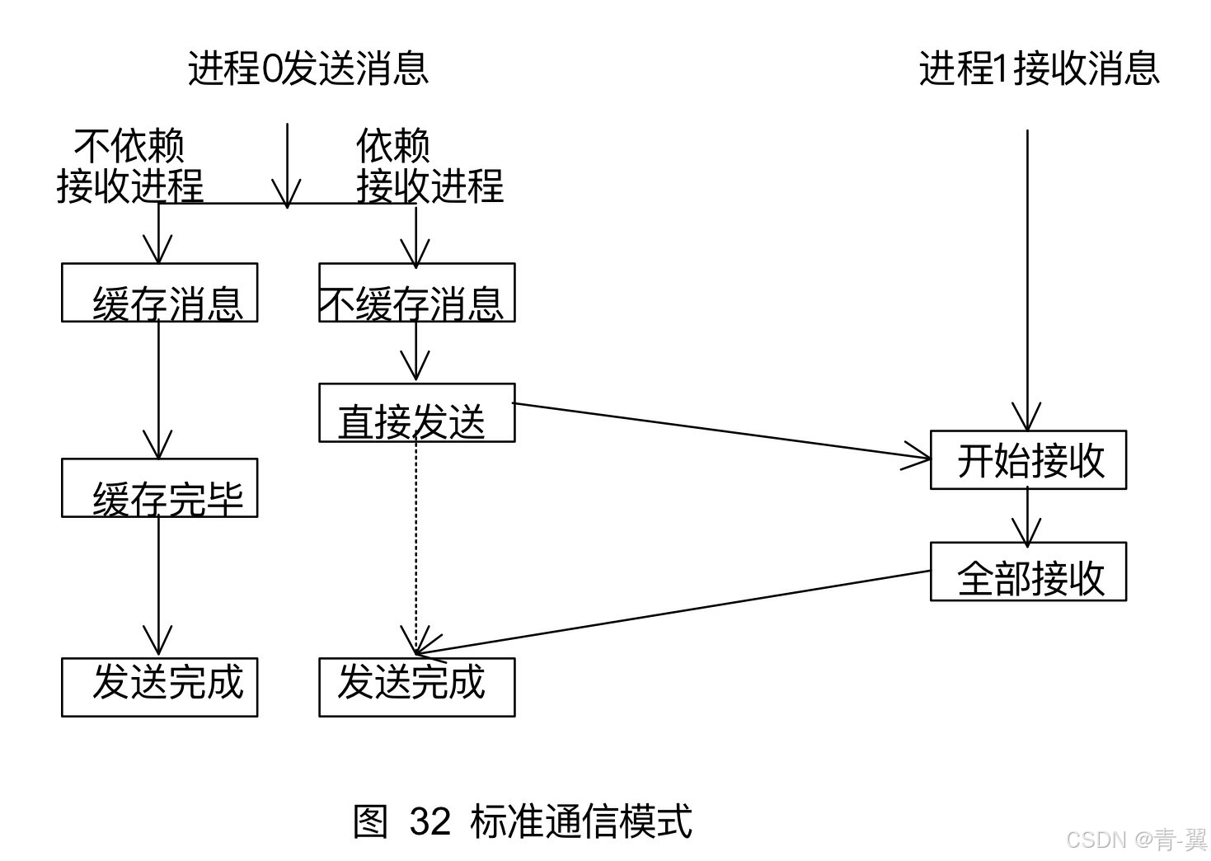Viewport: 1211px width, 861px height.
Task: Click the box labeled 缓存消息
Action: pyautogui.click(x=159, y=293)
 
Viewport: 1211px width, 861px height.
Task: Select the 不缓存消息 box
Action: pyautogui.click(x=416, y=293)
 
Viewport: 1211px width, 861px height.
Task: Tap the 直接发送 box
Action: pyautogui.click(x=416, y=412)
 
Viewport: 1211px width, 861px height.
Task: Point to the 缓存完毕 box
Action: pyautogui.click(x=159, y=488)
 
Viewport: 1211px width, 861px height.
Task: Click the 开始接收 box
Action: pyautogui.click(x=1028, y=460)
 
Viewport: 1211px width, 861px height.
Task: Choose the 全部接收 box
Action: pyautogui.click(x=1028, y=572)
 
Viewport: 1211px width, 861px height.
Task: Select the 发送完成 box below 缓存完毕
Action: pyautogui.click(x=159, y=687)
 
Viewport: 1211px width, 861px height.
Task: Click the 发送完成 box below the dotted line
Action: pyautogui.click(x=416, y=687)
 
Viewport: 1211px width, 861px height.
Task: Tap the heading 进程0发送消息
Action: pyautogui.click(x=308, y=68)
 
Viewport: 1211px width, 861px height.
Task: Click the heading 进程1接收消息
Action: pyautogui.click(x=1039, y=68)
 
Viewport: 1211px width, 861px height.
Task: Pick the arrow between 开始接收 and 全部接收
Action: pyautogui.click(x=1027, y=515)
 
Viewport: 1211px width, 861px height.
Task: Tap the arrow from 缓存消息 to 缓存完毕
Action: pyautogui.click(x=158, y=388)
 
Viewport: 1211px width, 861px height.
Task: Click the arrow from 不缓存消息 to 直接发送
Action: pyautogui.click(x=415, y=351)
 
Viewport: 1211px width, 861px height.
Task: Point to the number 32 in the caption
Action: pyautogui.click(x=429, y=821)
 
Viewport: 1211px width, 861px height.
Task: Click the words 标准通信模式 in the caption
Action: pyautogui.click(x=580, y=821)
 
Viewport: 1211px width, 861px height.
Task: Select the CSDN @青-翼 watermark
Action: pyautogui.click(x=1136, y=840)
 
